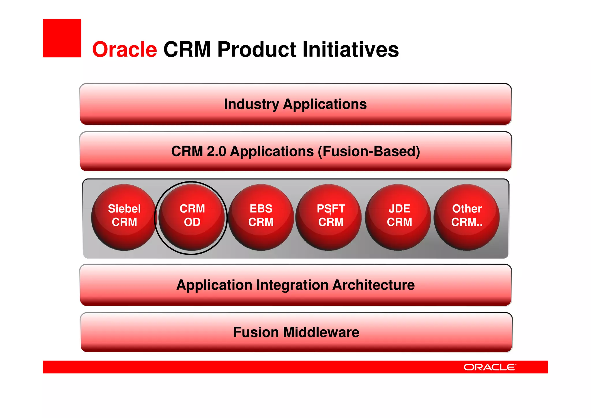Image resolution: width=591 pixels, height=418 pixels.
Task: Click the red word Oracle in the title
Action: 124,49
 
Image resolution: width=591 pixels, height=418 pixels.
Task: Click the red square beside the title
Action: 62,38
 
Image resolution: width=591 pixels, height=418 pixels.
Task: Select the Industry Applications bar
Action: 295,104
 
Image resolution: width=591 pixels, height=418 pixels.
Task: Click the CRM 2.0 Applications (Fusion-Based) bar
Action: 295,151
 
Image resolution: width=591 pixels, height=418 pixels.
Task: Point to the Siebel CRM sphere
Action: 124,217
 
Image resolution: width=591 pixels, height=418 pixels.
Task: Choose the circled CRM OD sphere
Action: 192,217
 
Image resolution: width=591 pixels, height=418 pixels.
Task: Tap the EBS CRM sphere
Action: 261,217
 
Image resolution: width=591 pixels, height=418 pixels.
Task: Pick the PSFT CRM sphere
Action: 329,217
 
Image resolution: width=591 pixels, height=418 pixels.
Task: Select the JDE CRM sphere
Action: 398,217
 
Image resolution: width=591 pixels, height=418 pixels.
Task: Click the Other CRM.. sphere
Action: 467,217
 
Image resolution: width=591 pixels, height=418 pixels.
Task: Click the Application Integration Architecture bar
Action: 295,285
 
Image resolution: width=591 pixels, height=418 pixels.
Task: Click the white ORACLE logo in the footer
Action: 489,367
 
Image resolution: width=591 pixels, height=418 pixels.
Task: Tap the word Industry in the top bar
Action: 251,104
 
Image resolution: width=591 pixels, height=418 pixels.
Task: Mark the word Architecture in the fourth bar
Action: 374,285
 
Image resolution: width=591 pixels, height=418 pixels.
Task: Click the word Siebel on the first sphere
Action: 124,209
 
